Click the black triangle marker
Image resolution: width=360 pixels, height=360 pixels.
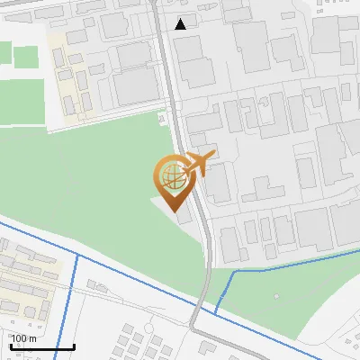click(x=182, y=24)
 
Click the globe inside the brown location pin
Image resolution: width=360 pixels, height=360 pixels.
click(x=171, y=172)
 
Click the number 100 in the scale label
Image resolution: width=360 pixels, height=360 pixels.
click(x=19, y=338)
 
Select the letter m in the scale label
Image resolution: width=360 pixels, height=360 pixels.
click(x=32, y=338)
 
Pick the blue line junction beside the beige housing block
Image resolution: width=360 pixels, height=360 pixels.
click(x=77, y=256)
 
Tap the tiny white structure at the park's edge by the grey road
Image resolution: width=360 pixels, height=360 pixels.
click(x=161, y=118)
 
